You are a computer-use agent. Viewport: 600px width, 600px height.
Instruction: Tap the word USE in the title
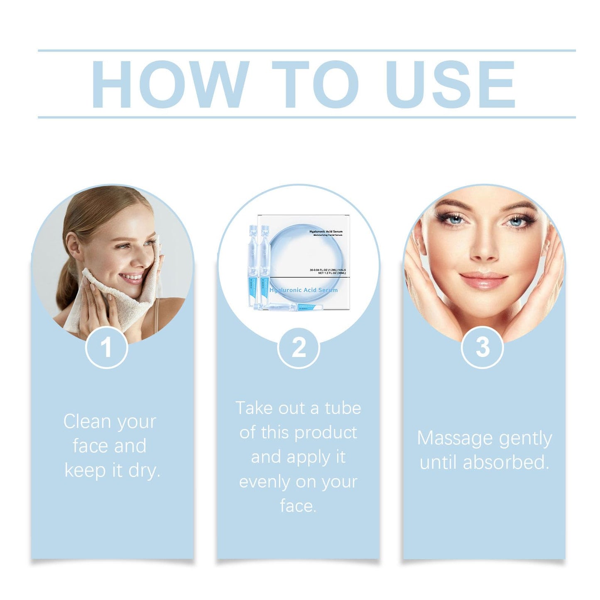pyautogui.click(x=450, y=85)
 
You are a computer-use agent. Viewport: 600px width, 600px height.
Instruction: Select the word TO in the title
pyautogui.click(x=316, y=85)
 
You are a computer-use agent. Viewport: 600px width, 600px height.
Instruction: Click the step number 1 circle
pyautogui.click(x=106, y=347)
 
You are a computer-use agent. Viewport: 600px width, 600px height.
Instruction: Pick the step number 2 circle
pyautogui.click(x=299, y=347)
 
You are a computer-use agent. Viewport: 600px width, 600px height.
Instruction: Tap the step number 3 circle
pyautogui.click(x=482, y=347)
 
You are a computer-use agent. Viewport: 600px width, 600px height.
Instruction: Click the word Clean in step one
pyautogui.click(x=87, y=421)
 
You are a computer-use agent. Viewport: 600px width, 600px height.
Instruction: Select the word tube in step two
pyautogui.click(x=343, y=408)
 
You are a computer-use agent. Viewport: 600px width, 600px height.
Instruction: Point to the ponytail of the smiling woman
pyautogui.click(x=66, y=287)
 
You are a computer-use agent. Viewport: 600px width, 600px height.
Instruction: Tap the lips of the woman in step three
pyautogui.click(x=483, y=280)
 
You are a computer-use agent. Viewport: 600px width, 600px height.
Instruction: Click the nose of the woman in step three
pyautogui.click(x=483, y=249)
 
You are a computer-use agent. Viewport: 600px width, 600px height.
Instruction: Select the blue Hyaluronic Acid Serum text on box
pyautogui.click(x=304, y=290)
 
